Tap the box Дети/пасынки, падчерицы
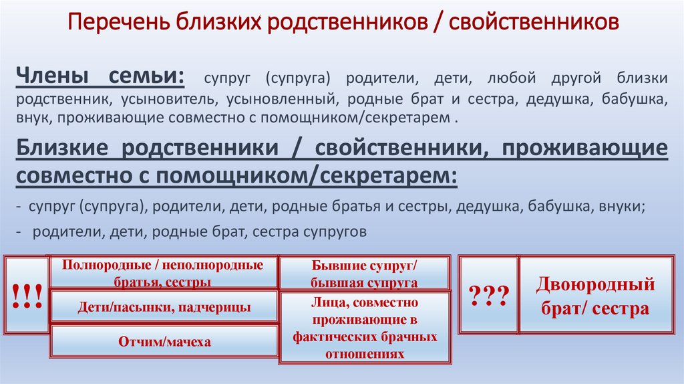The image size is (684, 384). (x=164, y=308)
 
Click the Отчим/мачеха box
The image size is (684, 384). (x=164, y=341)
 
